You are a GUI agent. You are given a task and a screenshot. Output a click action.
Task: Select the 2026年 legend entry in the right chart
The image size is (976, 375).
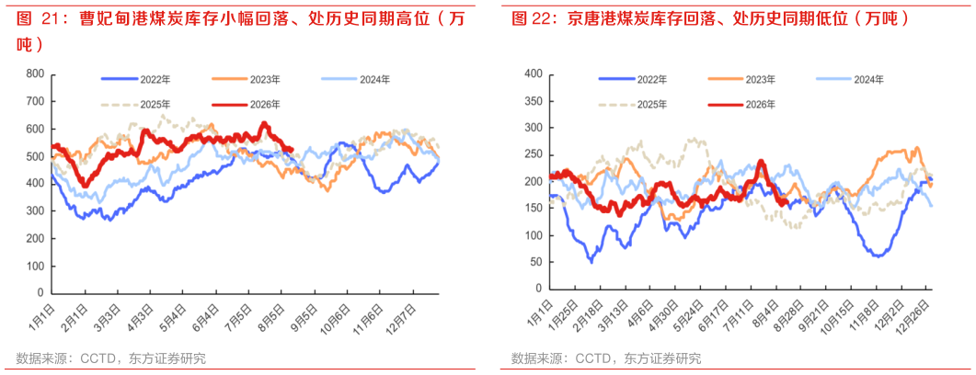[x=745, y=105]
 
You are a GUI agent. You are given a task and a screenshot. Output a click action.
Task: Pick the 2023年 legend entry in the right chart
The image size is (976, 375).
[x=745, y=79]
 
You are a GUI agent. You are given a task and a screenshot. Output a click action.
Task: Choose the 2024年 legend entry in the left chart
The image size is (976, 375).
[x=357, y=79]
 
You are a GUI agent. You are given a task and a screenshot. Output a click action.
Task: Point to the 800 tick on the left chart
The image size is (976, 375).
[x=36, y=74]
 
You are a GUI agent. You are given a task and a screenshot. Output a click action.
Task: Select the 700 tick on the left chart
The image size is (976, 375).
[x=36, y=101]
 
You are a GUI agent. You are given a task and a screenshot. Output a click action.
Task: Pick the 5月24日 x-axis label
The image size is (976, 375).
[x=695, y=318]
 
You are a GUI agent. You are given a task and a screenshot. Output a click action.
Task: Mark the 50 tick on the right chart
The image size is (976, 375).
[x=535, y=263]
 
